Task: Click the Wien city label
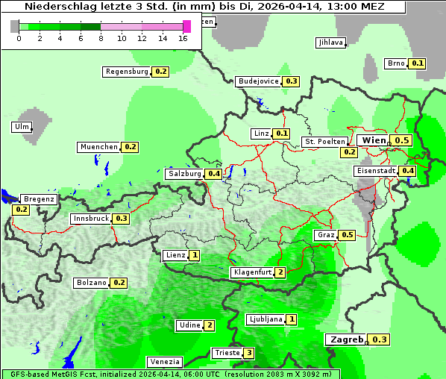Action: click(374, 140)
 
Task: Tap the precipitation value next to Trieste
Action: click(249, 353)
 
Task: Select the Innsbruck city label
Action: click(90, 219)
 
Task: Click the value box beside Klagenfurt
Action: click(280, 272)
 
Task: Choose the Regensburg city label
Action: click(127, 72)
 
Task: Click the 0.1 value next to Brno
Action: click(418, 63)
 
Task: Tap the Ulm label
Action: click(22, 127)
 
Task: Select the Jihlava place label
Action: click(330, 43)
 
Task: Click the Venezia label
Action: click(164, 362)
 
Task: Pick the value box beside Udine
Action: click(210, 325)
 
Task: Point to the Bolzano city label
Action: click(91, 283)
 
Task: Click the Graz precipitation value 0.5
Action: click(347, 235)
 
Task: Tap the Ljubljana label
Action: click(265, 319)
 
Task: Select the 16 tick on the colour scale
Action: click(183, 38)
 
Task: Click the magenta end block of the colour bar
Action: click(186, 26)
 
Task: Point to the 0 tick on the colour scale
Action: click(18, 38)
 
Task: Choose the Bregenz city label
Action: click(39, 199)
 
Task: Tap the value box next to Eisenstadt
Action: click(408, 171)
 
